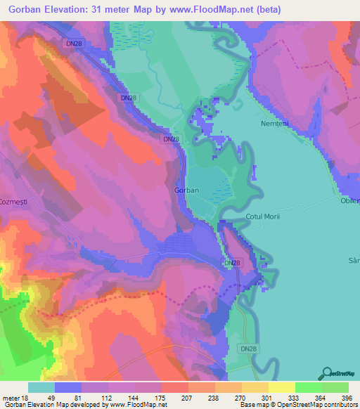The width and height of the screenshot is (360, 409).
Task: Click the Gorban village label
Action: tap(186, 190)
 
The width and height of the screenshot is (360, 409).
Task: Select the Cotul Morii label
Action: tap(263, 216)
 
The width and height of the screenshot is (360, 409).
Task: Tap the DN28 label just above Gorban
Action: tap(171, 140)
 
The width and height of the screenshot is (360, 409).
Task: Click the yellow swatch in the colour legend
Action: tap(281, 388)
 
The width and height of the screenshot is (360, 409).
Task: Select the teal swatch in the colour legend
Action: tap(41, 388)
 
